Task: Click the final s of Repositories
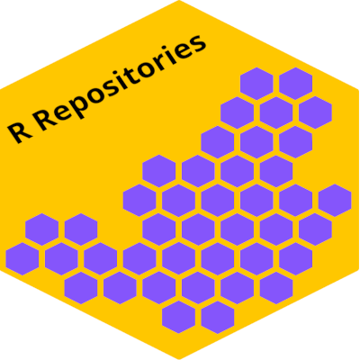pyautogui.click(x=197, y=45)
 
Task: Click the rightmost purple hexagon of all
pyautogui.click(x=335, y=201)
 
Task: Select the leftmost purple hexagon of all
pyautogui.click(x=22, y=259)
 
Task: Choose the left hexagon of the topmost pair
pyautogui.click(x=256, y=84)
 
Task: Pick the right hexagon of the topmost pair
pyautogui.click(x=295, y=84)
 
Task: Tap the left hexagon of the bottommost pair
pyautogui.click(x=178, y=318)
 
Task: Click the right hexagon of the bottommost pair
pyautogui.click(x=218, y=318)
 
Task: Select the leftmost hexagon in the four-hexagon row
pyautogui.click(x=159, y=171)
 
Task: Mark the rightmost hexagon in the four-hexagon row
pyautogui.click(x=276, y=171)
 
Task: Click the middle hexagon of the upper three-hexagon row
pyautogui.click(x=276, y=112)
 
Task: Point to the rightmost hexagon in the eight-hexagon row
pyautogui.click(x=295, y=259)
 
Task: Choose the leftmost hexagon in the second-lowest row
pyautogui.click(x=81, y=288)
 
